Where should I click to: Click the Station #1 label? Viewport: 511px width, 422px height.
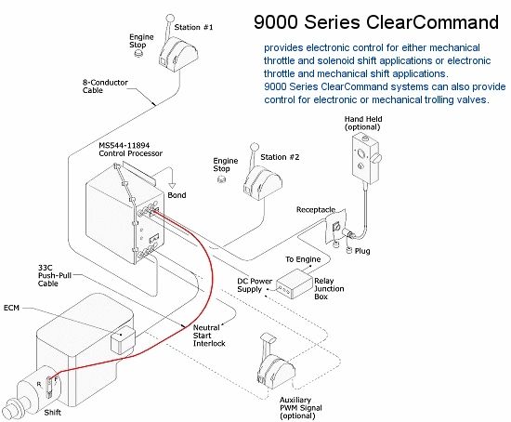coord(193,27)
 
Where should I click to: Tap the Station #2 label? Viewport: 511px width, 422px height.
coord(280,157)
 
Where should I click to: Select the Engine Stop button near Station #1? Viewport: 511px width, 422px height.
coord(138,53)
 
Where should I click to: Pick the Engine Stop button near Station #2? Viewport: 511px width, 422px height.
coord(221,179)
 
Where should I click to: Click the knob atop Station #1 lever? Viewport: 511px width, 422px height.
coord(170,19)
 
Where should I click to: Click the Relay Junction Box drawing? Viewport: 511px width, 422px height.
coord(295,284)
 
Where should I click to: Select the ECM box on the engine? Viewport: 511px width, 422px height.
coord(123,340)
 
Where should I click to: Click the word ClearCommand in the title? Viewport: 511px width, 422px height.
coord(432,22)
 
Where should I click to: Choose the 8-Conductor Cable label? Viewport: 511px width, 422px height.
coord(105,86)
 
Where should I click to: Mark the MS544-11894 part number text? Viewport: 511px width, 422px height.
coord(124,145)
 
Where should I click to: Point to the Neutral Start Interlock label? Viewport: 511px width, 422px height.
coord(209,336)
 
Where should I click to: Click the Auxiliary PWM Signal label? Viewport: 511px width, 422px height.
coord(300,408)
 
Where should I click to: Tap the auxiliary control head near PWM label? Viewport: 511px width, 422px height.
coord(276,362)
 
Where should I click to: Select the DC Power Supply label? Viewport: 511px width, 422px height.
coord(255,285)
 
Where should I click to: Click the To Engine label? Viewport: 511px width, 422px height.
coord(303,259)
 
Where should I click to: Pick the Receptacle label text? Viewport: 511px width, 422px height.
coord(316,210)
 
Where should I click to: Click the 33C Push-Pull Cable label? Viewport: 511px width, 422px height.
coord(55,275)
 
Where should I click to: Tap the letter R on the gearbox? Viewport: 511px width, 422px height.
coord(39,385)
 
